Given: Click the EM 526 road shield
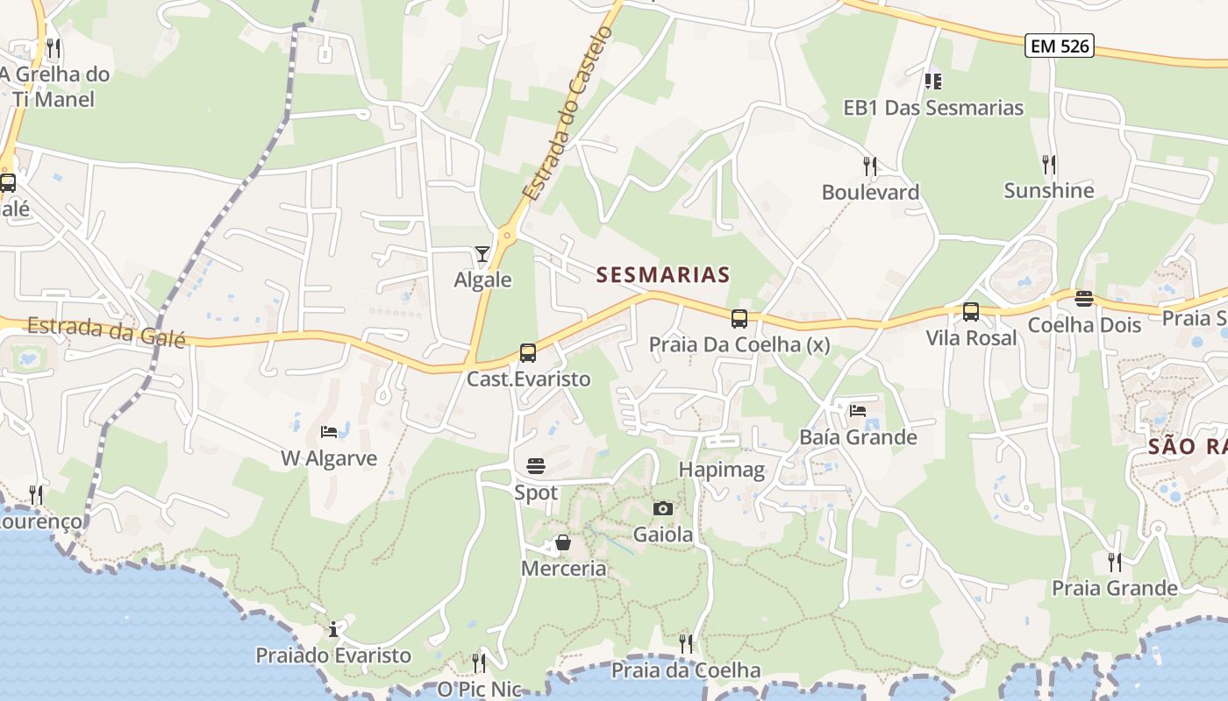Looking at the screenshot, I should click(x=1060, y=46).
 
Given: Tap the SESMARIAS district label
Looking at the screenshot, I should click(x=663, y=275).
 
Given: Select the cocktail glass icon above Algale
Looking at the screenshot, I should click(x=482, y=254).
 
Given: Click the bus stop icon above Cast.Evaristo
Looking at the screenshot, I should click(x=527, y=353).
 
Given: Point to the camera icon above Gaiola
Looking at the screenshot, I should click(x=663, y=508).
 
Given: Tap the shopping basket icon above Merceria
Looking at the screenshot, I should click(x=563, y=543).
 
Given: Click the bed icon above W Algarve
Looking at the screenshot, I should click(x=329, y=432).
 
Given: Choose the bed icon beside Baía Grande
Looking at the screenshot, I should click(x=857, y=410).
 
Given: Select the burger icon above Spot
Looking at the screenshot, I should click(x=535, y=465).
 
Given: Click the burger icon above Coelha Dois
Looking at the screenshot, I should click(x=1084, y=299).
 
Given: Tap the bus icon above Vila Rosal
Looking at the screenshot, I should click(x=971, y=312).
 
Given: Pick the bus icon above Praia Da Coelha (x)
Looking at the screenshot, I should click(x=739, y=318).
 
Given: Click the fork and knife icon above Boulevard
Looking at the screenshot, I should click(x=869, y=166).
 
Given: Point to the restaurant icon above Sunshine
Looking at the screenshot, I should click(x=1048, y=164).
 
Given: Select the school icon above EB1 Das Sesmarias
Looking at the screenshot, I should click(x=933, y=81).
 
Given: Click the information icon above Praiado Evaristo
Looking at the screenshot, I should click(x=333, y=629).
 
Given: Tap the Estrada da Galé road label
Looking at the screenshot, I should click(x=107, y=331).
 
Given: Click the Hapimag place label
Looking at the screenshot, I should click(x=722, y=470).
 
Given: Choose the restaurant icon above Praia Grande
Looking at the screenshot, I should click(x=1114, y=562).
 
